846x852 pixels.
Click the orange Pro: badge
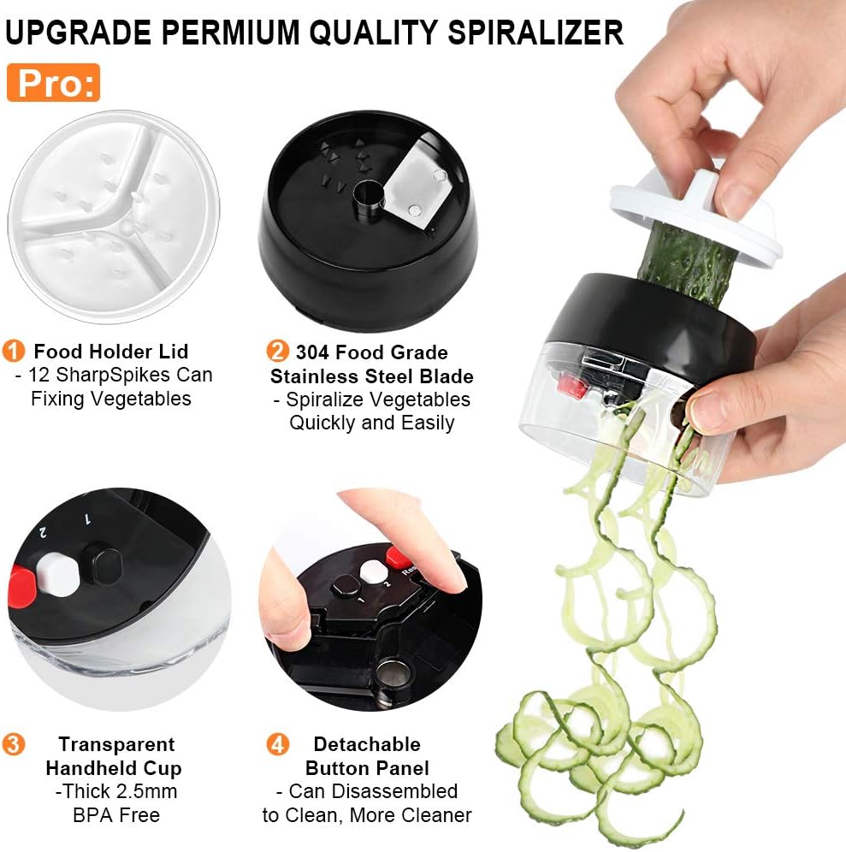coord(53,83)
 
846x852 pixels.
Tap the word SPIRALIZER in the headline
coord(535,32)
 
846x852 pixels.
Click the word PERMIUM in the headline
coord(231,32)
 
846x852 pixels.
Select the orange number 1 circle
coord(14,351)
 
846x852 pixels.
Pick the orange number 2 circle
coord(277,351)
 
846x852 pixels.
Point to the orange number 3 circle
coord(14,744)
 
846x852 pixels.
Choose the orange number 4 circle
coord(277,744)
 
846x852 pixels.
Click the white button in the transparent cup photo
coord(58,574)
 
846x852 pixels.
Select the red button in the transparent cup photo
coord(21,587)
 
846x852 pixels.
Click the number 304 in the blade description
coord(312,352)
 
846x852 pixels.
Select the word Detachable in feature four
coord(367,744)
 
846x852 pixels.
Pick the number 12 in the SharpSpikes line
coord(39,375)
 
